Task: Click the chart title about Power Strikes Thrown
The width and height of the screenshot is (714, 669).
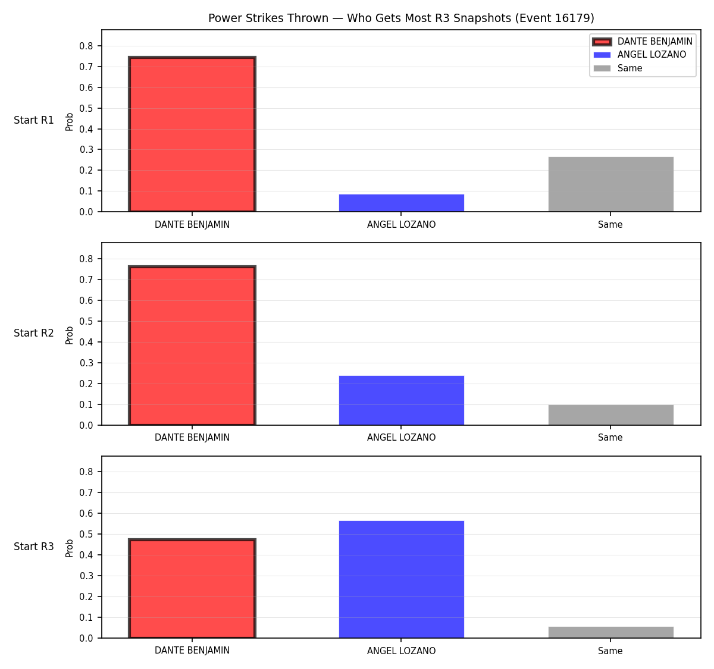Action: click(401, 18)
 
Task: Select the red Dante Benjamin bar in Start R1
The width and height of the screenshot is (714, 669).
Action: click(192, 134)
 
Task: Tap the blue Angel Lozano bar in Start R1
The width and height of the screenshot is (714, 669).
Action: click(401, 203)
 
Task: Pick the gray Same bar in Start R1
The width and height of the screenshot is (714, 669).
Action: click(610, 184)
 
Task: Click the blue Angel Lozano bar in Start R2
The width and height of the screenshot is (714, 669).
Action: click(401, 400)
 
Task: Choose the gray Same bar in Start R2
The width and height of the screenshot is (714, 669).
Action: click(610, 415)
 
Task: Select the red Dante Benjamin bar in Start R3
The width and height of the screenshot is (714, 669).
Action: click(192, 588)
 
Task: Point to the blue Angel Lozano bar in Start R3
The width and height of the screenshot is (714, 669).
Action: click(401, 579)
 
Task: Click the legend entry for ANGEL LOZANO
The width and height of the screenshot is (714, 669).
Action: click(639, 55)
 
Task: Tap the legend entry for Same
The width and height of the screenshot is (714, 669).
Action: click(617, 68)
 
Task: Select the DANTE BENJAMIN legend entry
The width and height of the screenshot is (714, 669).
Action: click(643, 42)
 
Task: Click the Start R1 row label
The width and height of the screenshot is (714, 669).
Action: click(34, 120)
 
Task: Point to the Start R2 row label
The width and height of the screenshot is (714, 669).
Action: click(34, 333)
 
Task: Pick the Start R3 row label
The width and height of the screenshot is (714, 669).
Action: click(34, 546)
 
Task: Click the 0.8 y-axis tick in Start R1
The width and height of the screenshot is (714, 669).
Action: click(86, 46)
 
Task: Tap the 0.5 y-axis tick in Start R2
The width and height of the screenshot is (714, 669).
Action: click(86, 321)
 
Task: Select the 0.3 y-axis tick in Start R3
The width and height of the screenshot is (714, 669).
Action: click(86, 576)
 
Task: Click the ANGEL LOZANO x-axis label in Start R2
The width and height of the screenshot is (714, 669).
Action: click(401, 437)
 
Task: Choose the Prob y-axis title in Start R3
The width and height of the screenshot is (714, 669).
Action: click(70, 548)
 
